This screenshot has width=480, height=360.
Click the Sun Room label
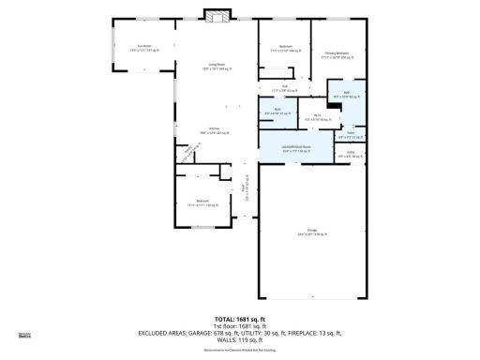pyautogui.click(x=144, y=47)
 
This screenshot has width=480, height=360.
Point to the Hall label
pyautogui.click(x=285, y=87)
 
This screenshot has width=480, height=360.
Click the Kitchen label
pyautogui.click(x=214, y=131)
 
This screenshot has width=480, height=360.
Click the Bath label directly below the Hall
pyautogui.click(x=277, y=112)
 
